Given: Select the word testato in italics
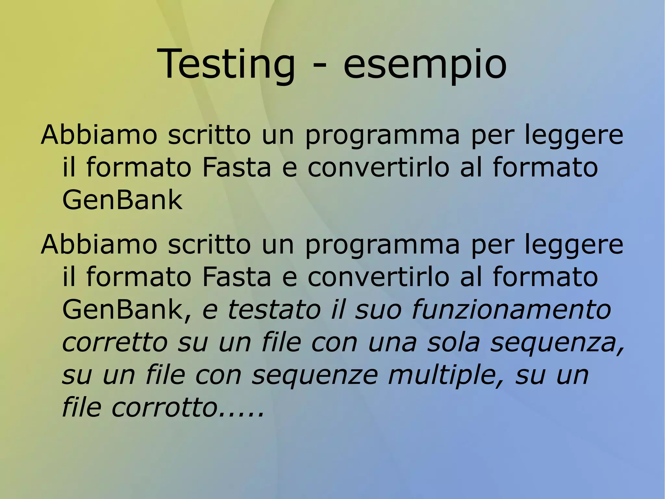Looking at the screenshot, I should [274, 309].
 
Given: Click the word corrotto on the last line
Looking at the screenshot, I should [164, 408].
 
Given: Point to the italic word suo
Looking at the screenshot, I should [378, 309].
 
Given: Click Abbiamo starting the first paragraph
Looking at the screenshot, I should [99, 135].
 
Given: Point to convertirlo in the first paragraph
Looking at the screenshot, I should [378, 167].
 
